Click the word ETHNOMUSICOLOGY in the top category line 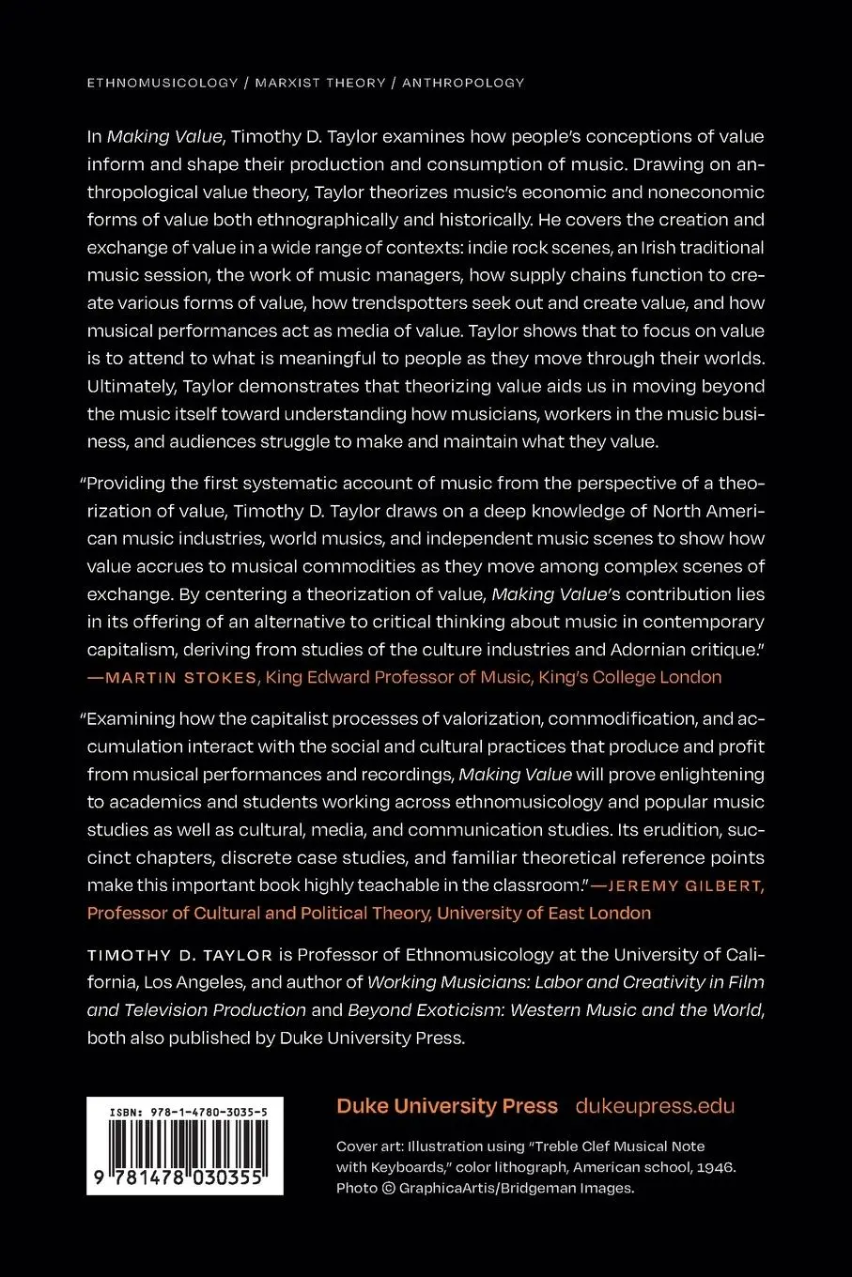pos(163,83)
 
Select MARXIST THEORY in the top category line pos(320,83)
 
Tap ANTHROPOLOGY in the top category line pos(463,83)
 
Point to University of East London pos(544,914)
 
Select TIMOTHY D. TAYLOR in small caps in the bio pos(179,956)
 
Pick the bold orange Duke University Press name pos(447,1106)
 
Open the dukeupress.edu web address pos(655,1106)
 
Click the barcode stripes pos(184,1145)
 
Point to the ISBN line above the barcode pos(188,1112)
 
